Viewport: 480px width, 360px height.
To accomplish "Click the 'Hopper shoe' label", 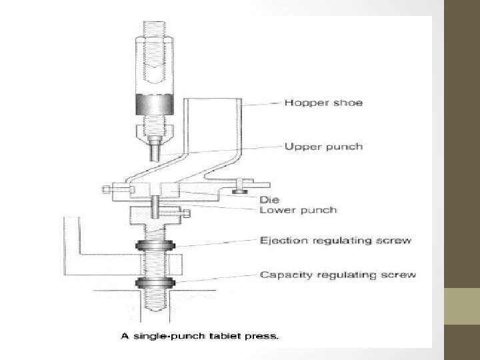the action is click(x=323, y=103).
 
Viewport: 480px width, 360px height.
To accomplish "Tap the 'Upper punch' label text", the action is click(x=323, y=147).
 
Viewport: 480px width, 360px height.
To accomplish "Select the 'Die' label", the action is click(x=269, y=200).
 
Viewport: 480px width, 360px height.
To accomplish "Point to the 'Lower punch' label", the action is click(x=298, y=210).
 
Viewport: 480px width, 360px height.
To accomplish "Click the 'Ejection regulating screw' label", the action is click(x=335, y=241).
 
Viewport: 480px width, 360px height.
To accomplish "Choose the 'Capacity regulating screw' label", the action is click(x=338, y=275).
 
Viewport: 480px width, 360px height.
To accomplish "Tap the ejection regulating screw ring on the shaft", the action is click(x=155, y=245).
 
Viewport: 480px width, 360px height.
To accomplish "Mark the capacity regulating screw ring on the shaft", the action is click(x=155, y=283).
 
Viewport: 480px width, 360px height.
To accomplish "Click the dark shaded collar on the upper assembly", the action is click(x=155, y=105).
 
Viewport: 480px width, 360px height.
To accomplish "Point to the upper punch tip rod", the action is click(x=155, y=151).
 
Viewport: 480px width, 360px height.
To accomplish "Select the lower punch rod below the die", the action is click(x=155, y=207).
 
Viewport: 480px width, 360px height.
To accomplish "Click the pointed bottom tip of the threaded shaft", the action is click(x=155, y=311).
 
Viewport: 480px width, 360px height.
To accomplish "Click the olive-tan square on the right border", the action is click(x=462, y=306).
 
